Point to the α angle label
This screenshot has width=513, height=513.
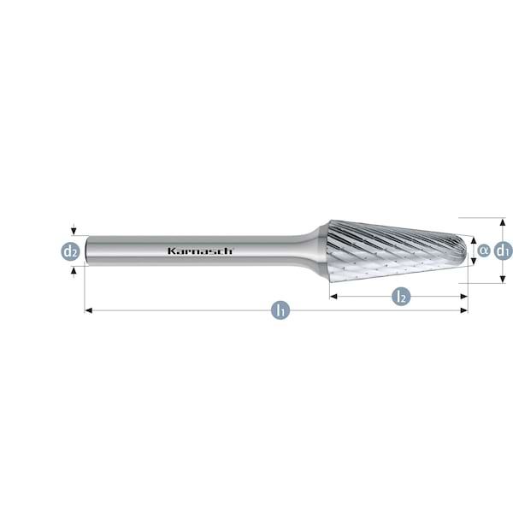point(483,251)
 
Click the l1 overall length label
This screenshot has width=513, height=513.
point(279,310)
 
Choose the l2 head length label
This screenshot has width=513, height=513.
point(399,297)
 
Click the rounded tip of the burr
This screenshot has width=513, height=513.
point(465,250)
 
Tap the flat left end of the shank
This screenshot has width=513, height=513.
point(85,251)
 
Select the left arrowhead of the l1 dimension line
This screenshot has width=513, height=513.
point(87,310)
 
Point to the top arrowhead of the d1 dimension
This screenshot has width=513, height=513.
point(503,221)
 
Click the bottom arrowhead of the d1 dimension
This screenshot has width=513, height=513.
point(503,279)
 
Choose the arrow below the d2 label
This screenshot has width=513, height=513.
point(74,271)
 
